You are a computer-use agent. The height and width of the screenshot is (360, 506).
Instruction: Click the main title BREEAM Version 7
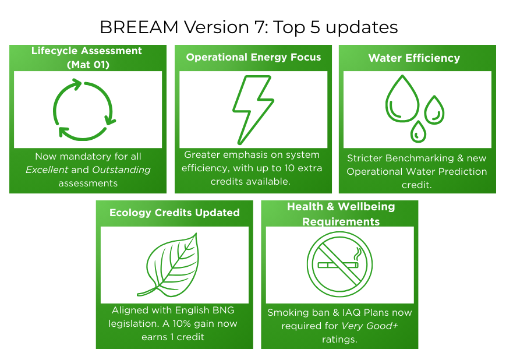coord(249,27)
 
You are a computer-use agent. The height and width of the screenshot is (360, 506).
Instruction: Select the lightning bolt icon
coord(253,110)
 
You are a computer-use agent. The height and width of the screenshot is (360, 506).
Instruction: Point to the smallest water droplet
coord(418,132)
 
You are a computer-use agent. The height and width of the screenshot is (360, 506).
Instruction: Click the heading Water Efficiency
coord(415,58)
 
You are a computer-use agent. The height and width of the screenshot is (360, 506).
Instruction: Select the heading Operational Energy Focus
coord(253,57)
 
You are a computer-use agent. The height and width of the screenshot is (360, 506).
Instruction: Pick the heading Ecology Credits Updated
coord(175,213)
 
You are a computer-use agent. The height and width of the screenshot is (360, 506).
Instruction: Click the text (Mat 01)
coord(88,65)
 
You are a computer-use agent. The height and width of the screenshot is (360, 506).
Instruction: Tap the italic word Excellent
coord(47,170)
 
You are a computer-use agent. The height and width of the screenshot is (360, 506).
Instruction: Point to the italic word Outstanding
coord(121,170)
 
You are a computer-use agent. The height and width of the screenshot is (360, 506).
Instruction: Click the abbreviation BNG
coord(224,310)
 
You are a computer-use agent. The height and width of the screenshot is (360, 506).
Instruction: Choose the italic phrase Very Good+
coord(370,326)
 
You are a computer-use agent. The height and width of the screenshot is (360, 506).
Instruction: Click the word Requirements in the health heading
coord(341,222)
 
